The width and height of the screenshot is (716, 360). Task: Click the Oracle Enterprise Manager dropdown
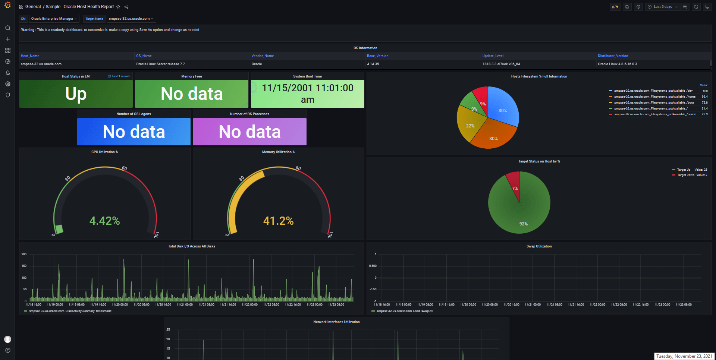coord(54,19)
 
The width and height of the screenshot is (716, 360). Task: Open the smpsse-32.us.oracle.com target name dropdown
coord(131,19)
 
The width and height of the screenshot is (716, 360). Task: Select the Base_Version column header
coord(377,56)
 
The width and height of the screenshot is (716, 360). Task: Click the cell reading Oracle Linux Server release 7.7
coord(160,64)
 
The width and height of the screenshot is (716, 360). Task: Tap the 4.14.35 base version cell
coord(373,64)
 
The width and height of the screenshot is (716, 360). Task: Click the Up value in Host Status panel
coord(76,94)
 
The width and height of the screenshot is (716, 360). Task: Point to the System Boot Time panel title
coord(307,76)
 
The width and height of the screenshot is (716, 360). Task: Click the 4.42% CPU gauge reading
coord(105,221)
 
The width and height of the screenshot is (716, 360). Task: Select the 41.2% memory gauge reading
coord(279,221)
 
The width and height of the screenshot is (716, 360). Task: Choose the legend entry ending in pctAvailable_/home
coord(654,97)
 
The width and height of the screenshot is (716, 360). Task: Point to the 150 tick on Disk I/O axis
coord(24,266)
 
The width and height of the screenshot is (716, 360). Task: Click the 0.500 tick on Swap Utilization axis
coord(373,266)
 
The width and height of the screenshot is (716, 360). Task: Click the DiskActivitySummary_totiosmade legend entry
coord(70,311)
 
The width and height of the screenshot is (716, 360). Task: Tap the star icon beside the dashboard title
coord(118,7)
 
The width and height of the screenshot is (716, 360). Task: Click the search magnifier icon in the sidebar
coord(7,28)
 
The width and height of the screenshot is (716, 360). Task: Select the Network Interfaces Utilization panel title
coord(336,322)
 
